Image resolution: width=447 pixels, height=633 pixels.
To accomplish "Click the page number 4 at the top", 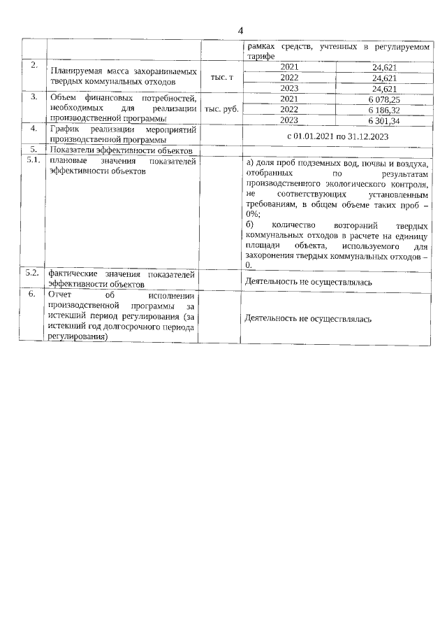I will tap(241, 31).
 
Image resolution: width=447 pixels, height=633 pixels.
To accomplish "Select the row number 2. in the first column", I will tap(33, 65).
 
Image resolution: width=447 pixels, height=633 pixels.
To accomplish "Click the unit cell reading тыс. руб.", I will tap(221, 109).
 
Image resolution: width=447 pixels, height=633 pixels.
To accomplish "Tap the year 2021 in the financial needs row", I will tap(288, 99).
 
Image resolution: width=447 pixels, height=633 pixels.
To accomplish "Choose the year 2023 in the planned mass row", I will tap(288, 88).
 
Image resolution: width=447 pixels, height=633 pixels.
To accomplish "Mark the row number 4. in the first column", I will tap(33, 129).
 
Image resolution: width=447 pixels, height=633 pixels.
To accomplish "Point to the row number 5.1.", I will tap(33, 160).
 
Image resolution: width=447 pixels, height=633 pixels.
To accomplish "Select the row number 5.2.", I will tap(33, 273).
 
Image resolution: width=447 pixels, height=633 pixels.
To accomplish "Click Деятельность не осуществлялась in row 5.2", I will tap(307, 282).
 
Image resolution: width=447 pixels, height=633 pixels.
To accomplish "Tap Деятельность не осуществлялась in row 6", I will tap(307, 318).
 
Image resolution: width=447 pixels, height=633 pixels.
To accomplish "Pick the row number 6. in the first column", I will tap(33, 294).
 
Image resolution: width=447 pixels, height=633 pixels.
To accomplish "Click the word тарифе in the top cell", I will tap(259, 55).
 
